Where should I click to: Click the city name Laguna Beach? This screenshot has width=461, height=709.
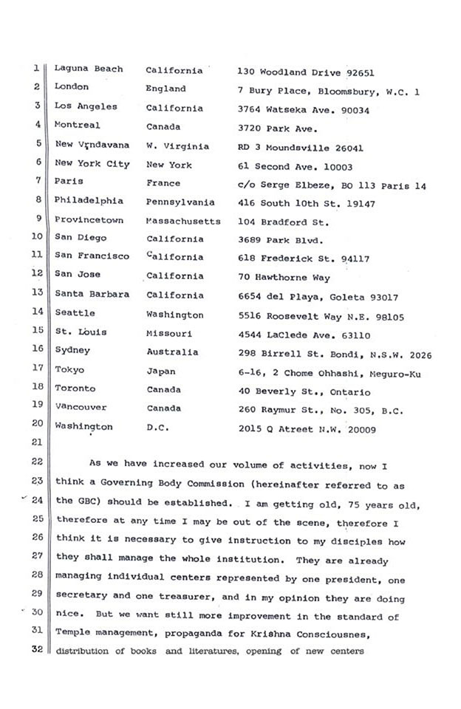[92, 69]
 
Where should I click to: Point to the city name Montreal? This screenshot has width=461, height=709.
[77, 126]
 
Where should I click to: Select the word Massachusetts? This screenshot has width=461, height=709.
[183, 220]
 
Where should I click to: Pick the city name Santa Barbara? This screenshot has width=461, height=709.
[92, 294]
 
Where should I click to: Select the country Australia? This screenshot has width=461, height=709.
[172, 352]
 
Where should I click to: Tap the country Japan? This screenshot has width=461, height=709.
[161, 371]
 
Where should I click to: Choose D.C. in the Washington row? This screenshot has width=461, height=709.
[158, 427]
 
